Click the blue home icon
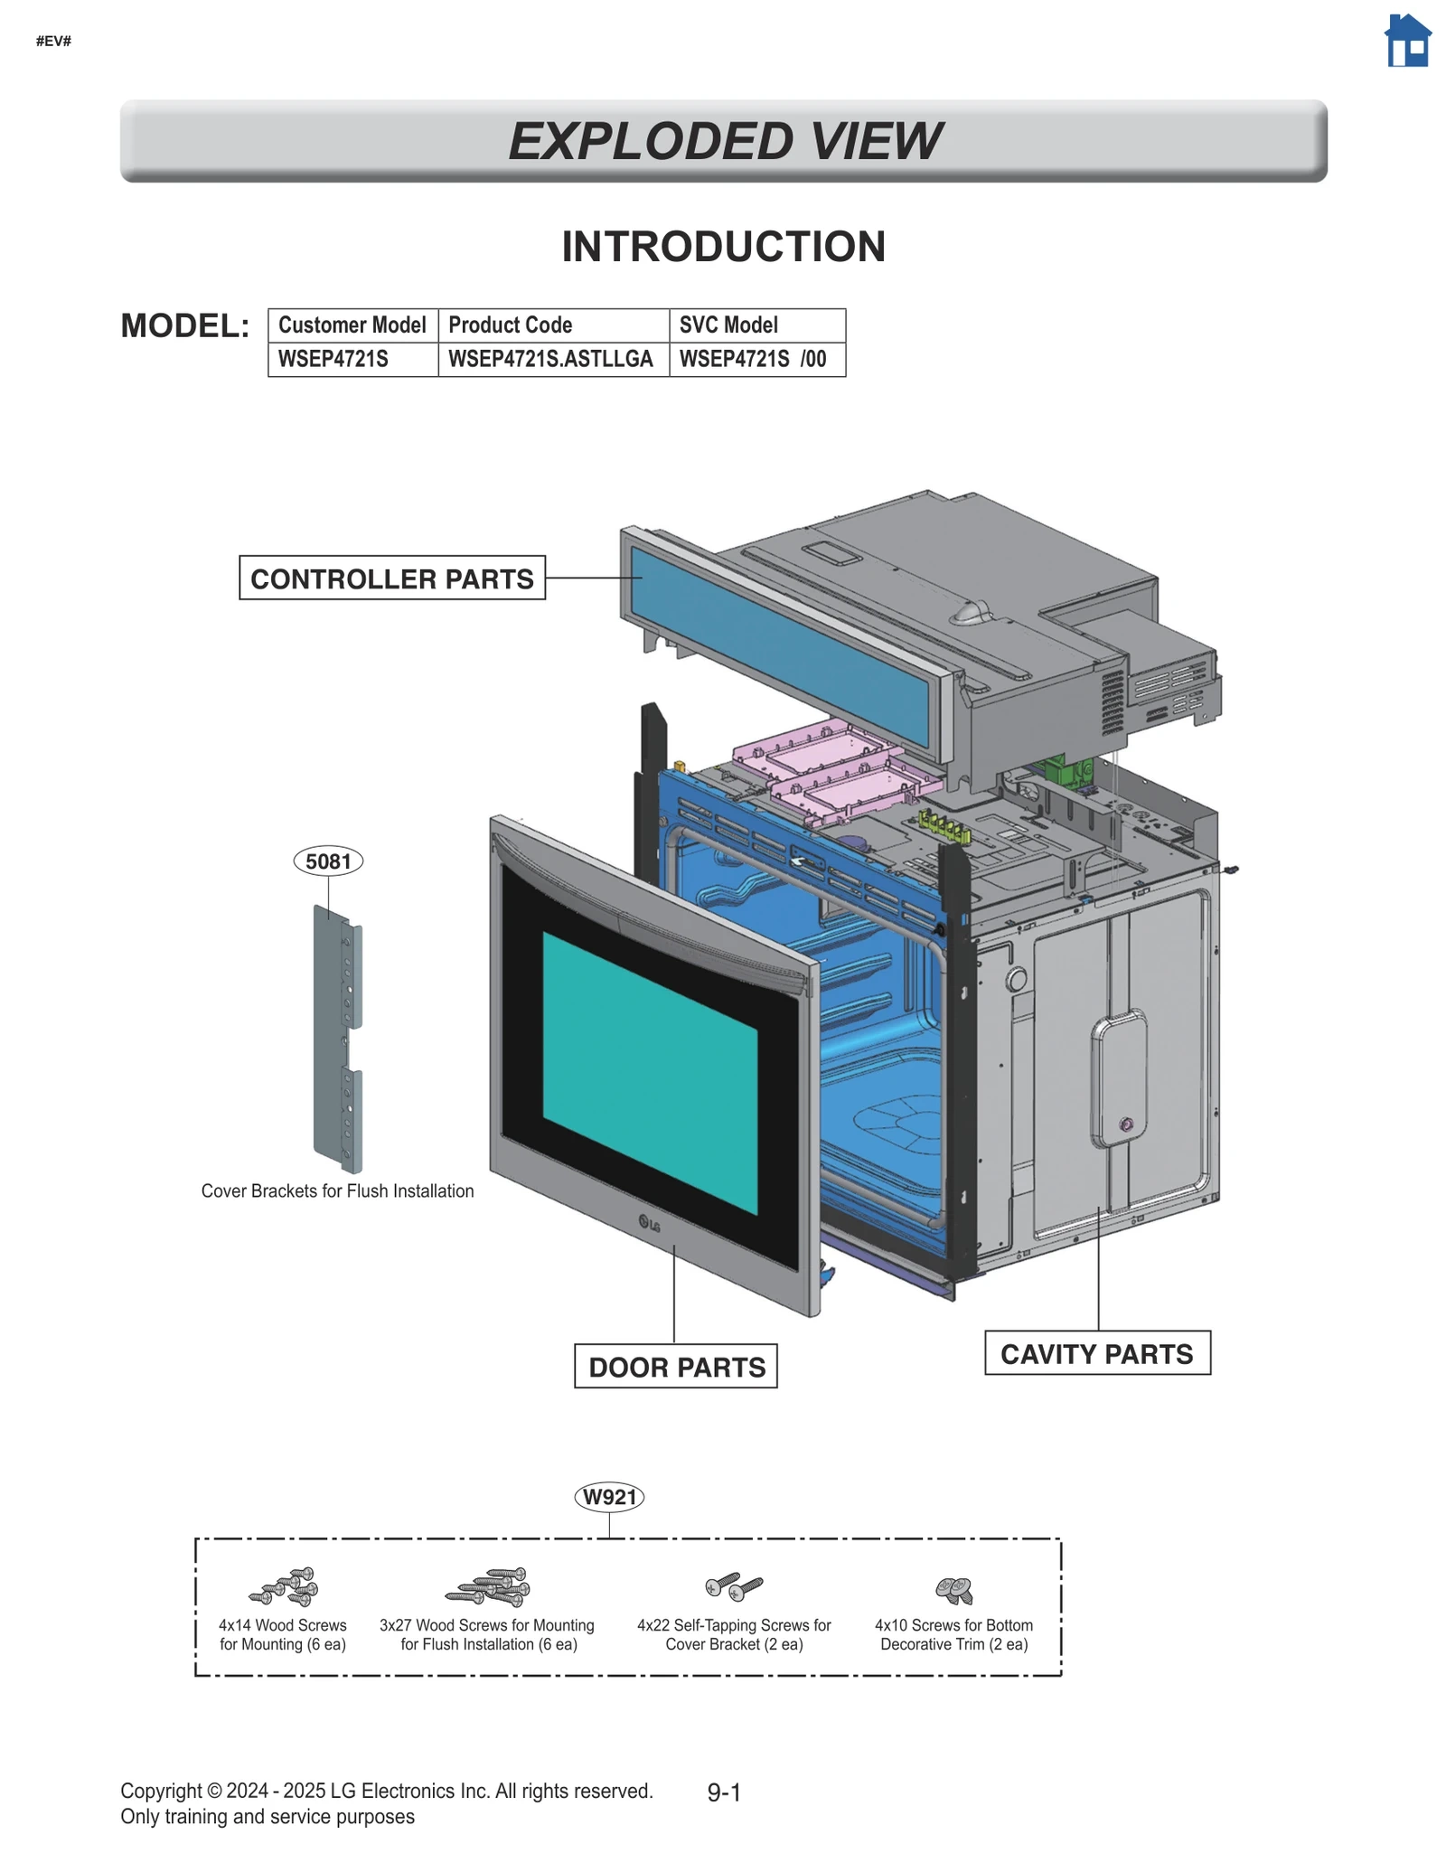click(x=1407, y=42)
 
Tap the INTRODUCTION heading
click(x=723, y=247)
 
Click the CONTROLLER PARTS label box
click(x=392, y=579)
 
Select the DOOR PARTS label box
click(x=676, y=1366)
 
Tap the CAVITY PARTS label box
click(x=1096, y=1353)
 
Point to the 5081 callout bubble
click(x=328, y=861)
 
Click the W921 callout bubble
click(x=609, y=1497)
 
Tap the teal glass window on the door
click(x=649, y=1072)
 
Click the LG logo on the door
click(x=649, y=1225)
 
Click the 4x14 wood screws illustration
click(x=284, y=1586)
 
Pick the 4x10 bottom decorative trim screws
click(x=953, y=1589)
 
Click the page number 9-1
click(x=724, y=1792)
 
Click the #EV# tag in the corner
click(x=53, y=41)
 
